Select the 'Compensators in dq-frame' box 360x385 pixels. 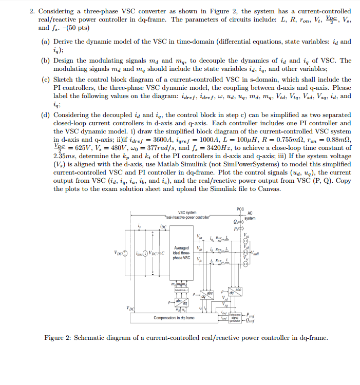click(x=175, y=318)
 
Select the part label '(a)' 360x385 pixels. click(x=45, y=41)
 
